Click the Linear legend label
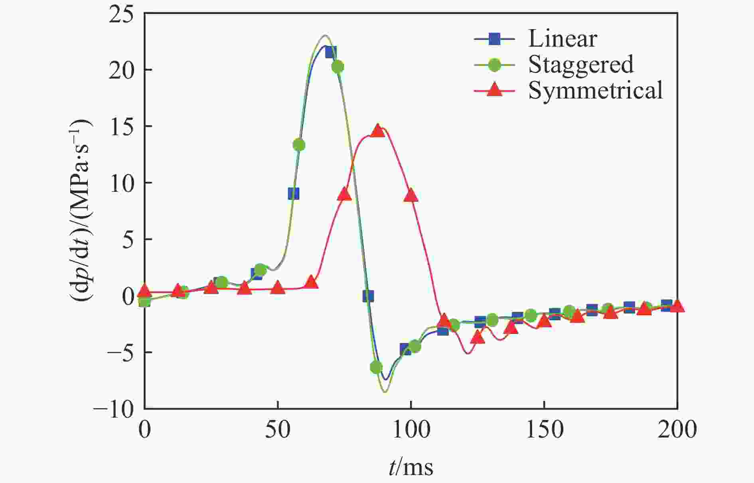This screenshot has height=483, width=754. (x=563, y=39)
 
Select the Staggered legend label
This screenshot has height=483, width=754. (x=580, y=64)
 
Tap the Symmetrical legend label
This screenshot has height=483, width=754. (x=595, y=90)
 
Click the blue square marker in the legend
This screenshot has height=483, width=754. (x=494, y=39)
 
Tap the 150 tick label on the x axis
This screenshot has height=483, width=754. (x=544, y=430)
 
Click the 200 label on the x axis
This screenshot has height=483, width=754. (x=677, y=430)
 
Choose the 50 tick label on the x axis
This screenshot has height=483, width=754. (x=278, y=430)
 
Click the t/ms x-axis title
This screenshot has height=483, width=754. (x=411, y=467)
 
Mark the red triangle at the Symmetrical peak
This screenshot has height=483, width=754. (x=377, y=130)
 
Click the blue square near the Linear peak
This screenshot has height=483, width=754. (x=330, y=52)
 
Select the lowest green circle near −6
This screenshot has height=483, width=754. (x=376, y=367)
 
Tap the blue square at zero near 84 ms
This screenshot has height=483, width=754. (x=368, y=296)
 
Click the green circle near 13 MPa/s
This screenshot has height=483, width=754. (x=299, y=145)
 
